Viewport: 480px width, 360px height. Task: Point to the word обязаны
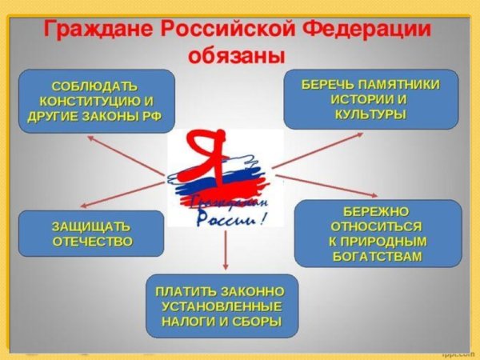click(x=236, y=57)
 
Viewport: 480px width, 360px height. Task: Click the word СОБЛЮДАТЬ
click(x=94, y=86)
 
